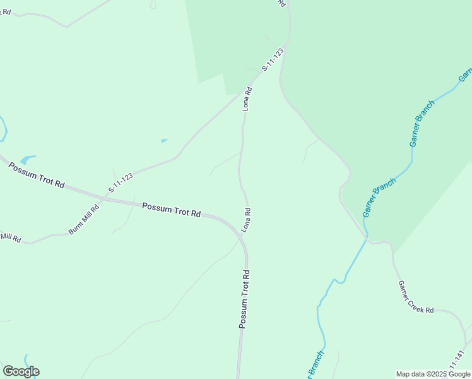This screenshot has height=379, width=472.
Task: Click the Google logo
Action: coord(21,371)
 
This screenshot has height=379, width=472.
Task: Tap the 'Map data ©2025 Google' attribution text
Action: coord(433,374)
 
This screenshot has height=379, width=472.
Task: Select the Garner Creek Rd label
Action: coord(416,297)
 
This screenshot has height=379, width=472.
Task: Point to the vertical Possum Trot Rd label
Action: coord(245,299)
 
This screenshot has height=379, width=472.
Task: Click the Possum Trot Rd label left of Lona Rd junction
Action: coord(171,210)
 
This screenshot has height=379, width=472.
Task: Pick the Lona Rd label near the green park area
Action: coord(248,99)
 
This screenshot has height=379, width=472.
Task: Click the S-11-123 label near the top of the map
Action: coord(273,59)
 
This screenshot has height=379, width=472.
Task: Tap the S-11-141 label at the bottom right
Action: coord(457,362)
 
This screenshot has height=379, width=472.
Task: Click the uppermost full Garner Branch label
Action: coord(422,123)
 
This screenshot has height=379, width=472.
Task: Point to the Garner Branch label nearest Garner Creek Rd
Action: coord(379,197)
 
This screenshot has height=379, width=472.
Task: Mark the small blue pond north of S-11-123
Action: coord(165,140)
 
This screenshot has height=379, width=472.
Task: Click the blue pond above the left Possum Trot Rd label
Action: coord(28,160)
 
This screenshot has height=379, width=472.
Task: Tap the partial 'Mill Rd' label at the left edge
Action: coord(11,238)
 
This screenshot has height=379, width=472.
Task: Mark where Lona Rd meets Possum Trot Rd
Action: coord(242,233)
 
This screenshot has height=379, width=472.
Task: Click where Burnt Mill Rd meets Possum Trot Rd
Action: coord(104,198)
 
